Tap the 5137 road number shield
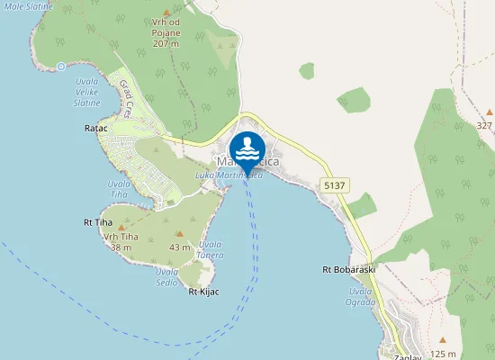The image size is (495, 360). [332, 184]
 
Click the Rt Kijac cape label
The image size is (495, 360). [204, 292]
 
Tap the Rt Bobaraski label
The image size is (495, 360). [348, 269]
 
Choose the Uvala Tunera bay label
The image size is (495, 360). [211, 249]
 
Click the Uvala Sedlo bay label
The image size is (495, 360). [166, 276]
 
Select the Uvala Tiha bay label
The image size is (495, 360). [119, 189]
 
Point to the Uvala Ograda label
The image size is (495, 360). [361, 297]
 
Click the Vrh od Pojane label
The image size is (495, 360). [166, 33]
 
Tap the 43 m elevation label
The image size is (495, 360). [180, 247]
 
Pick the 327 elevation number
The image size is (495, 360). [484, 125]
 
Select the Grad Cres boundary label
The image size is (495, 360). [127, 96]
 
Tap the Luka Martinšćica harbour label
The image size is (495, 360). [229, 176]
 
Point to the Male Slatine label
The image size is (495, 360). [26, 6]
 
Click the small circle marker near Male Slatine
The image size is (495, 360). [61, 66]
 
